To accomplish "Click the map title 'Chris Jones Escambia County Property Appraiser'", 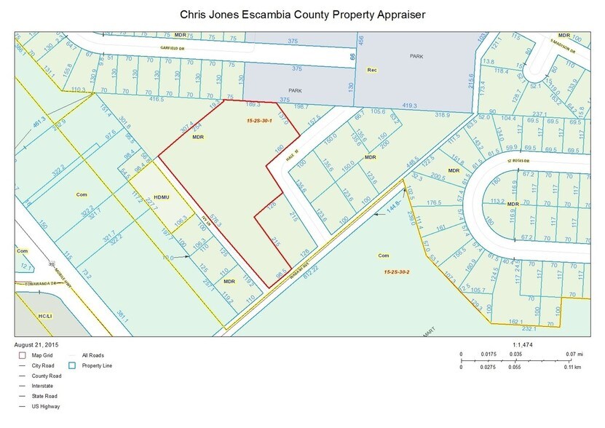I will click(302, 15).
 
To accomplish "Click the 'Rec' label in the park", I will click(370, 70).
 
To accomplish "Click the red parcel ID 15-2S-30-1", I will click(259, 121).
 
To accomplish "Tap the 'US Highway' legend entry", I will click(45, 406).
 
